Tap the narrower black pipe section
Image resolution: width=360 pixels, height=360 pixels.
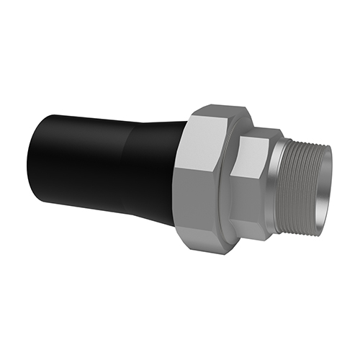79,162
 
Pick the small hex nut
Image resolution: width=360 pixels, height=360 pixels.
256,180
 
